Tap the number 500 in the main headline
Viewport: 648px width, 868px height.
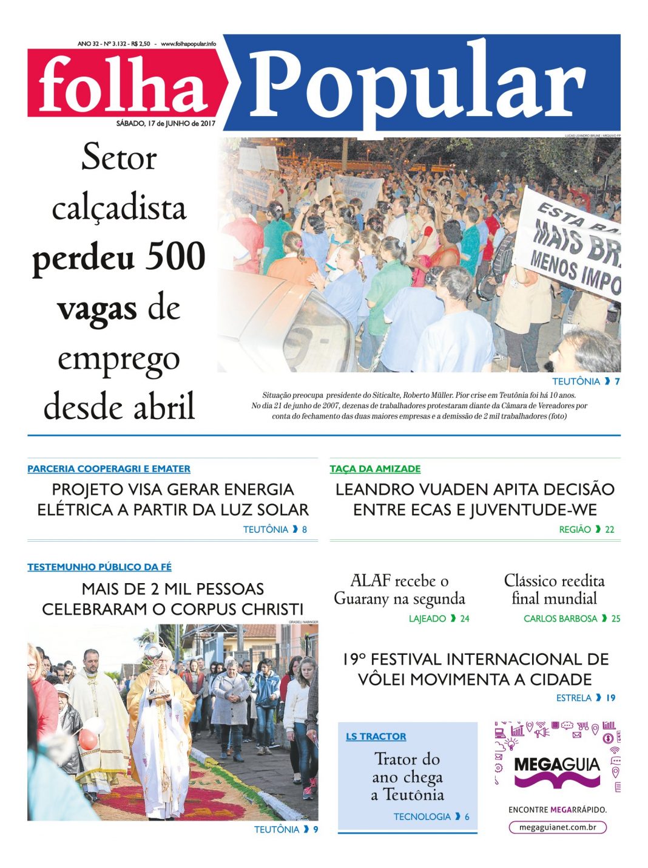coord(176,257)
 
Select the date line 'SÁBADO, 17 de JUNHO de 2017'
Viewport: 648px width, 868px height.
coord(166,123)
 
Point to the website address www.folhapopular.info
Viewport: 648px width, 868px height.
coord(188,44)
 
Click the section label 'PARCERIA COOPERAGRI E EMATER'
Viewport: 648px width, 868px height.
coord(109,469)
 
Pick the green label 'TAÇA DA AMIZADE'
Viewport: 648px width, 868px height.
coord(375,469)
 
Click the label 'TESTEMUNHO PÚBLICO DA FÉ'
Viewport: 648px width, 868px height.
coord(100,567)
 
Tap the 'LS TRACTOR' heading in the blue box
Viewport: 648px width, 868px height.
coord(376,736)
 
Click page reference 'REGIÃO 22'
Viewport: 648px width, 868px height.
coord(586,530)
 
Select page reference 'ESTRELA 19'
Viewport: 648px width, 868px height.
coord(586,698)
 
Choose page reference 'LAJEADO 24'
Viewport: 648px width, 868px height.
coord(439,618)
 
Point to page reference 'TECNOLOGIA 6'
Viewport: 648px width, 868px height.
coord(431,816)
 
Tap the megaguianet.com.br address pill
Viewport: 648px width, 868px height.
coord(557,827)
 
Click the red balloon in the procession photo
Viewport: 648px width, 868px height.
coord(88,739)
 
